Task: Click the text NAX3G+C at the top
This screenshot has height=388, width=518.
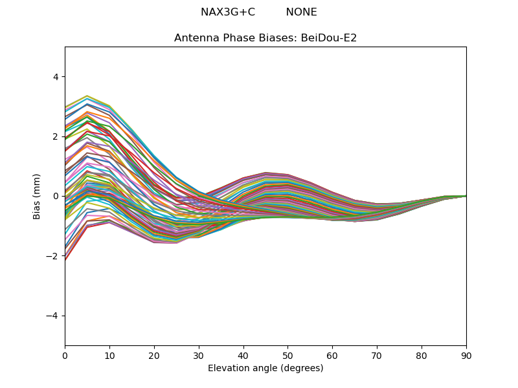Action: pyautogui.click(x=228, y=12)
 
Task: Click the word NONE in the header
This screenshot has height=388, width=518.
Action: pyautogui.click(x=301, y=12)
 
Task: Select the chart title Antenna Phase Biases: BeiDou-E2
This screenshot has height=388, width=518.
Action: pyautogui.click(x=265, y=38)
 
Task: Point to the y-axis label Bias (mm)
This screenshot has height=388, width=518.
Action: pyautogui.click(x=36, y=197)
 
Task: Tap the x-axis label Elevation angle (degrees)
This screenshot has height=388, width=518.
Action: pyautogui.click(x=265, y=368)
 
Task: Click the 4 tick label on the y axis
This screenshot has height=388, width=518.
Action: pyautogui.click(x=56, y=77)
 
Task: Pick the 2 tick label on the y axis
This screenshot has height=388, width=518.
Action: pyautogui.click(x=56, y=136)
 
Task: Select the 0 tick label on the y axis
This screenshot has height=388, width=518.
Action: pyautogui.click(x=56, y=197)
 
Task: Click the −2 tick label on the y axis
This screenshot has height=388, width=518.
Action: pyautogui.click(x=52, y=256)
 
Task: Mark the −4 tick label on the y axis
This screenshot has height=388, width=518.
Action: pyautogui.click(x=52, y=316)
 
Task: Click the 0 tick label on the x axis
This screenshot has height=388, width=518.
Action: pyautogui.click(x=65, y=356)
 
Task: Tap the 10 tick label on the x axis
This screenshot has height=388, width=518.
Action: pyautogui.click(x=109, y=356)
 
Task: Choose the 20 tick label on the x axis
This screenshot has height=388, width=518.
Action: pyautogui.click(x=154, y=356)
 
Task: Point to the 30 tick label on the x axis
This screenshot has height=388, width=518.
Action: pyautogui.click(x=199, y=356)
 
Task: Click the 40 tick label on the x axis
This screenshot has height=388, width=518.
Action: pyautogui.click(x=243, y=356)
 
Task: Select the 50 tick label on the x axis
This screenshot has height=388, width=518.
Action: pyautogui.click(x=288, y=356)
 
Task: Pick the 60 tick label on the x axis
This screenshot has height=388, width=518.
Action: pyautogui.click(x=333, y=356)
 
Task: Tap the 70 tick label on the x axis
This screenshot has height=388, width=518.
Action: pyautogui.click(x=377, y=356)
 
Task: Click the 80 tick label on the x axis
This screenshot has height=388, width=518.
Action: pyautogui.click(x=422, y=356)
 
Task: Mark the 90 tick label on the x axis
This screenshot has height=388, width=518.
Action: pyautogui.click(x=466, y=356)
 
